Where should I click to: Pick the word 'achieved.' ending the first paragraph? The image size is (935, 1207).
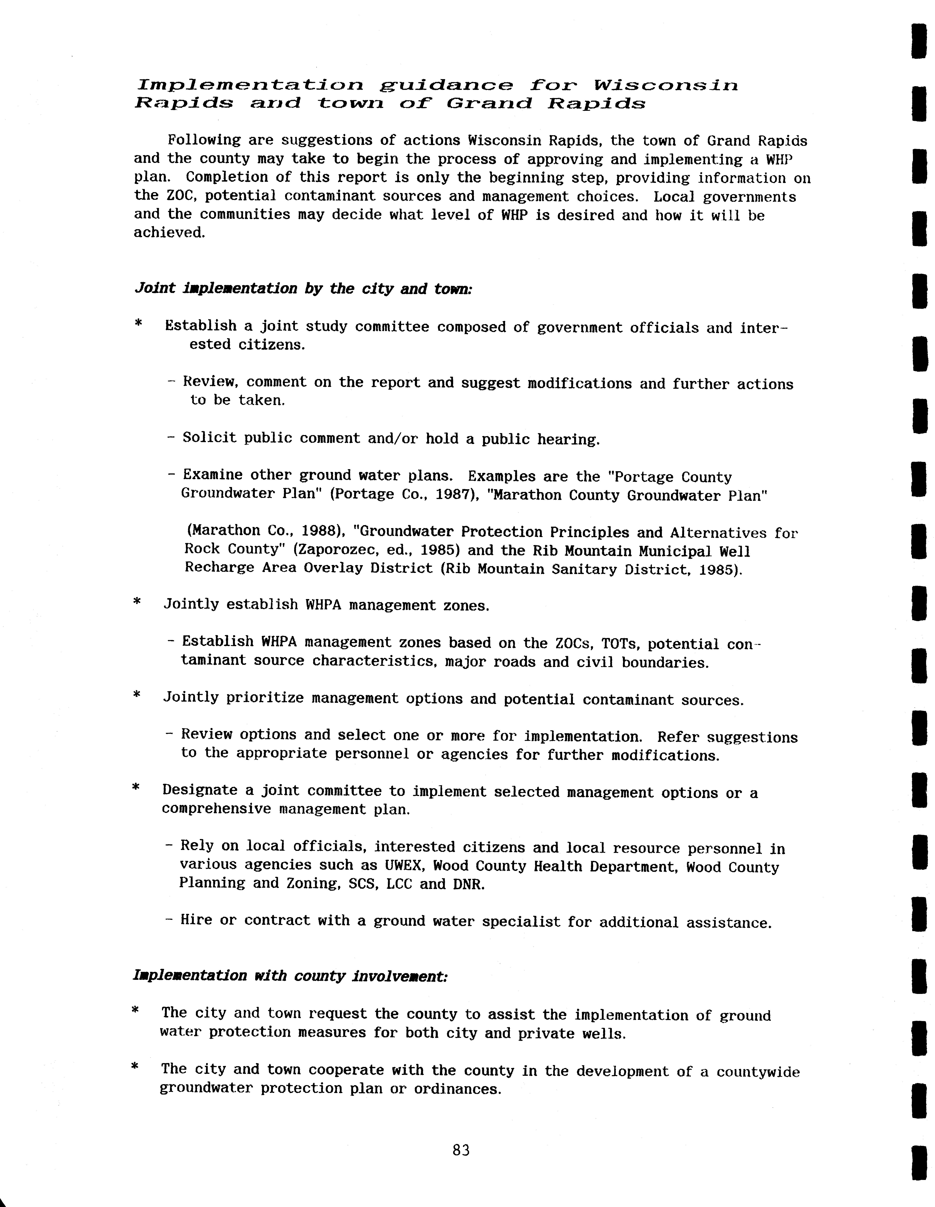169,233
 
